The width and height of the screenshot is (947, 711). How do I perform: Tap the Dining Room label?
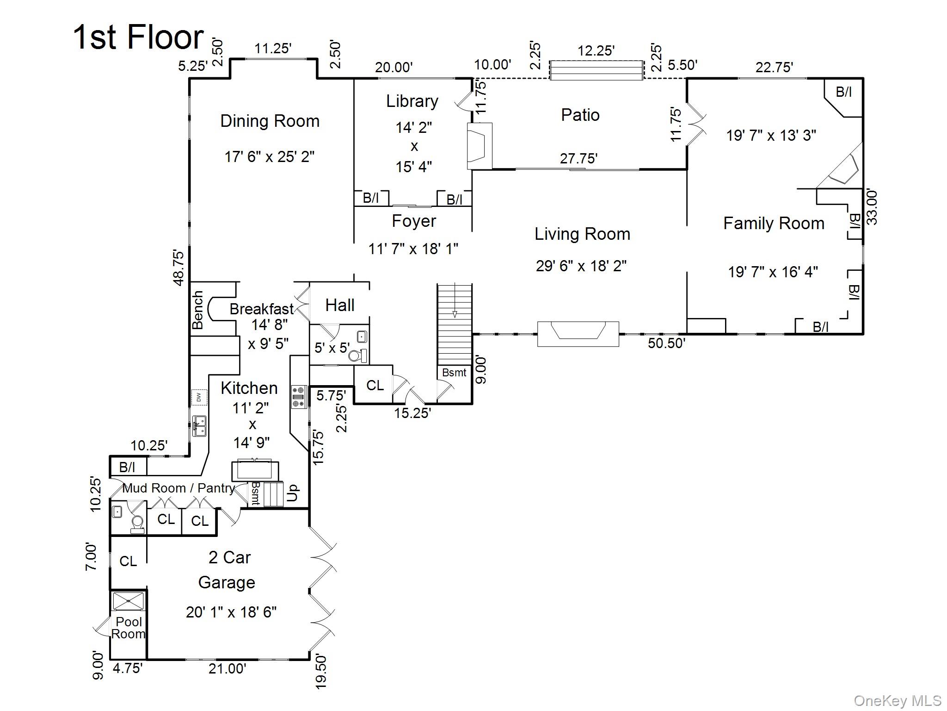[270, 121]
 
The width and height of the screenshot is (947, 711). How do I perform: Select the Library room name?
[412, 101]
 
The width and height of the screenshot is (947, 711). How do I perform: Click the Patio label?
[580, 115]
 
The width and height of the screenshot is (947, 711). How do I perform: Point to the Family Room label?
[774, 224]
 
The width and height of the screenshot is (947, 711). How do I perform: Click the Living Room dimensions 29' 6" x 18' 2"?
[581, 266]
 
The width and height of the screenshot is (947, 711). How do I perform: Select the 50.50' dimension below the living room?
[666, 343]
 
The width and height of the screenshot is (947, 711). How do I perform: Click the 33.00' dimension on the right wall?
[871, 207]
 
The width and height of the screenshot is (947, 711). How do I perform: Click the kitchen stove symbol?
[298, 397]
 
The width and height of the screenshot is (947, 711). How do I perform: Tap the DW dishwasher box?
[199, 397]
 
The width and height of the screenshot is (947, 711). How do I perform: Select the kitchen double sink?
[200, 425]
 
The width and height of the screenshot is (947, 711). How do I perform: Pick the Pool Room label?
[129, 628]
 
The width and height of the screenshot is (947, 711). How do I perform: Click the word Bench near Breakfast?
[198, 310]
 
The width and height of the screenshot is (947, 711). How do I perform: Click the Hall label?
[339, 306]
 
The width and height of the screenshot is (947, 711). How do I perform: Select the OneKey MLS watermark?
[897, 701]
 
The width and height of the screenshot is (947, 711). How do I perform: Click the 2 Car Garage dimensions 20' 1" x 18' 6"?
[231, 612]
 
